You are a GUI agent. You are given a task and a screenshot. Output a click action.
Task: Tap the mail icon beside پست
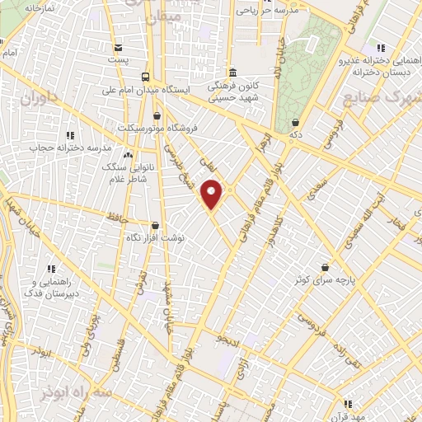pyautogui.click(x=120, y=47)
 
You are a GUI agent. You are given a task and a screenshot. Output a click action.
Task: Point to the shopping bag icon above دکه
pyautogui.click(x=295, y=122)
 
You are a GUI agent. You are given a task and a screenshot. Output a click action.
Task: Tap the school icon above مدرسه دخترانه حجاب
pyautogui.click(x=70, y=134)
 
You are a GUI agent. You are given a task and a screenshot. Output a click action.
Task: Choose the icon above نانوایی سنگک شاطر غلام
pyautogui.click(x=127, y=154)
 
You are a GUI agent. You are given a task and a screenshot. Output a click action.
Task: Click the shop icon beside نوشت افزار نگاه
pyautogui.click(x=155, y=224)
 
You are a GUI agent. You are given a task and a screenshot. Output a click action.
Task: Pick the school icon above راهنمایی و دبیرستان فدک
pyautogui.click(x=51, y=269)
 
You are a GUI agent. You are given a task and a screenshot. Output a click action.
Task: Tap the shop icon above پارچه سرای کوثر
pyautogui.click(x=326, y=267)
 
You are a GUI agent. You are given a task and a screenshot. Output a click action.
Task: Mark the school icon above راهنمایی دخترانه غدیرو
pyautogui.click(x=379, y=48)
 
